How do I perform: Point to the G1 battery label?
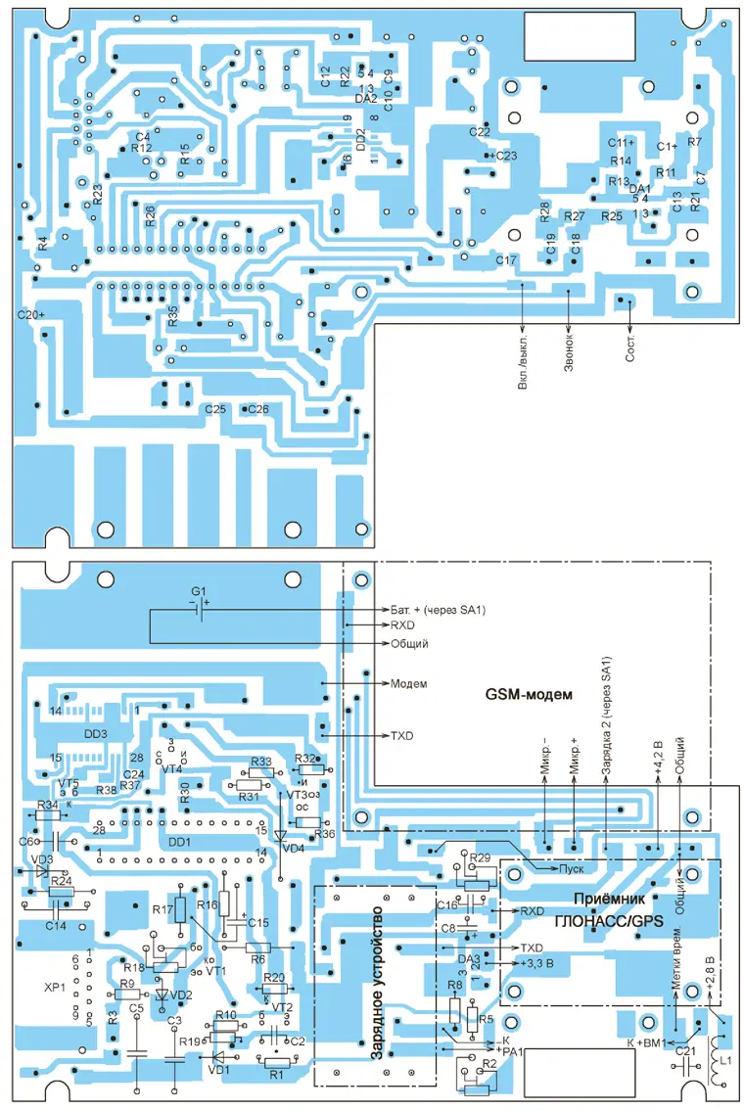click(x=199, y=592)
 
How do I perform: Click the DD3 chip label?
click(x=95, y=733)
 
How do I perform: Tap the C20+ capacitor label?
click(x=31, y=315)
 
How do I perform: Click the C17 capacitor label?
click(x=506, y=260)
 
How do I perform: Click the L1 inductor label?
click(x=726, y=1061)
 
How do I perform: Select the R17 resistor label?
click(x=162, y=910)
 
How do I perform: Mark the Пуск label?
click(x=571, y=868)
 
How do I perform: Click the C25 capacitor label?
click(x=214, y=408)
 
